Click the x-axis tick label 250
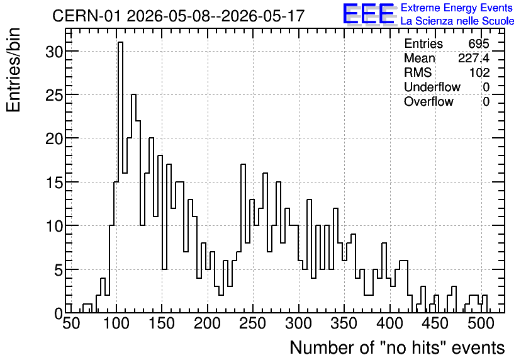tap(254, 323)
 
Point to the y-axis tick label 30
tap(54, 52)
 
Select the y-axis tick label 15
tap(54, 183)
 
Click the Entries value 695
tap(479, 43)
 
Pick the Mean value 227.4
tap(474, 58)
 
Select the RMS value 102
tap(479, 72)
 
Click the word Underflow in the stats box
tap(432, 87)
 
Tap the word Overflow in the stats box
tap(428, 101)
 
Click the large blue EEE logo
tap(369, 14)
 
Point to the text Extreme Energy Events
tap(457, 8)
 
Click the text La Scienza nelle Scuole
tap(457, 21)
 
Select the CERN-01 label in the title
tap(86, 16)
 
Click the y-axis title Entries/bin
tap(13, 70)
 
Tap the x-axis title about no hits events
tap(397, 347)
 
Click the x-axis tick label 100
tap(116, 323)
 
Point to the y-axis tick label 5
tap(59, 271)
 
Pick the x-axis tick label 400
tap(390, 323)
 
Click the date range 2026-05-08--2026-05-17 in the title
tap(215, 16)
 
